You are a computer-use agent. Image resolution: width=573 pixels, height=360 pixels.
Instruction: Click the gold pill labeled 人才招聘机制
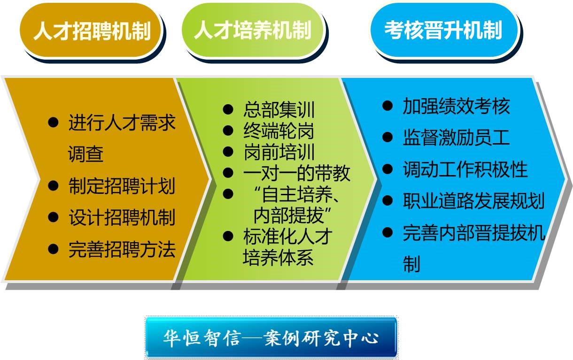click(x=91, y=30)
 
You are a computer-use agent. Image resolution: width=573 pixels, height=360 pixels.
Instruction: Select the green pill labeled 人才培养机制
click(x=253, y=30)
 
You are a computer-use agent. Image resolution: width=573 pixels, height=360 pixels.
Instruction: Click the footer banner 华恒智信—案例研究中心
click(x=271, y=337)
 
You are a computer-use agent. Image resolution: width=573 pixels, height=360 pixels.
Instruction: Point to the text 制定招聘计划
click(x=122, y=186)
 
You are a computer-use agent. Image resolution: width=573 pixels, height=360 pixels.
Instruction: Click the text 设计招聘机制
click(x=122, y=218)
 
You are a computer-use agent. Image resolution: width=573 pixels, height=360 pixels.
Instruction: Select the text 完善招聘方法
click(x=122, y=249)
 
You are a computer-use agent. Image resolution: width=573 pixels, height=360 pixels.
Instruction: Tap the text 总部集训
click(x=279, y=109)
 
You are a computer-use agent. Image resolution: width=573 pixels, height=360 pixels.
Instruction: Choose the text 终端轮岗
click(x=279, y=130)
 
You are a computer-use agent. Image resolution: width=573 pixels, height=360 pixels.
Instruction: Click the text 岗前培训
click(x=279, y=152)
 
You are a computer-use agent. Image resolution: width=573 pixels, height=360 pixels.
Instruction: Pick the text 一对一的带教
click(x=297, y=173)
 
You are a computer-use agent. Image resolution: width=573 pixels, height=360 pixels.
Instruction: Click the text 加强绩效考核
click(x=457, y=106)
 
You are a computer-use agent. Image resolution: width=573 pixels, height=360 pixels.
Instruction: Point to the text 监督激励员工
click(x=457, y=138)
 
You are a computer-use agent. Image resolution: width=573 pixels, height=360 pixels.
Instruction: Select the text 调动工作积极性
click(x=465, y=169)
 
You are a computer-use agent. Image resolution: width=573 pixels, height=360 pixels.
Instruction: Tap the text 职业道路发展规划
click(x=474, y=201)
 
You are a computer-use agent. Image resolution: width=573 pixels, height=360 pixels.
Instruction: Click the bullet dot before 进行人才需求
click(x=53, y=123)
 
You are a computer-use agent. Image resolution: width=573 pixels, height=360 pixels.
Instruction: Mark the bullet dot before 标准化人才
click(x=228, y=236)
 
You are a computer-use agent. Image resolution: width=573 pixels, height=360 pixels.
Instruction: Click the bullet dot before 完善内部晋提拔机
click(x=387, y=232)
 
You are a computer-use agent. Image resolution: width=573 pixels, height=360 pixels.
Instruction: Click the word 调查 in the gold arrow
click(x=85, y=154)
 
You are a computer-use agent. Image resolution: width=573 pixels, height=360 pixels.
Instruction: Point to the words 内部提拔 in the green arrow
click(x=288, y=215)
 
